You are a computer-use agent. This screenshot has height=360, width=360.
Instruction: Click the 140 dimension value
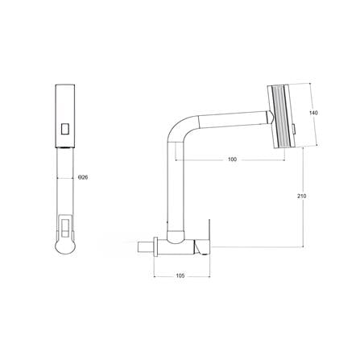(x=315, y=114)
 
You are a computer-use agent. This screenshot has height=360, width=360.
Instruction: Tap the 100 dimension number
(x=232, y=160)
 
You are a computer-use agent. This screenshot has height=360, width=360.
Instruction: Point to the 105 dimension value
(x=180, y=276)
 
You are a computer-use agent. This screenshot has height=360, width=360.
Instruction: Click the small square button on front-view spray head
(x=65, y=126)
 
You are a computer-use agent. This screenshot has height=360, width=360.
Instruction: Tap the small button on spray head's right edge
(x=297, y=127)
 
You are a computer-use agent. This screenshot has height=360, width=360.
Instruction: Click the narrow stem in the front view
(x=65, y=180)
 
